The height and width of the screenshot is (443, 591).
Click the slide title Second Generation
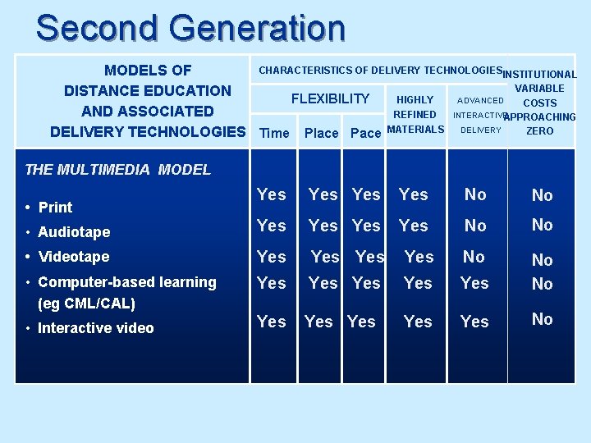tap(190, 28)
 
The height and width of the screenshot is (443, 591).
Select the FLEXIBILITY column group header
tap(330, 99)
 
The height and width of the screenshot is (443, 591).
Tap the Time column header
tap(274, 133)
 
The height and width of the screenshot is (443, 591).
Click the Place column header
tap(321, 133)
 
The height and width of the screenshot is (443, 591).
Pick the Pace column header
tap(365, 133)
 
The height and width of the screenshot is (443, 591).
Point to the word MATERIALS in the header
tap(415, 130)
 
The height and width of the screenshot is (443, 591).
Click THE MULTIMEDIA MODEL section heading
tap(117, 170)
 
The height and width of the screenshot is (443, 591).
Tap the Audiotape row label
tap(73, 232)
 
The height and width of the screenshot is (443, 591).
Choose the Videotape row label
tap(73, 257)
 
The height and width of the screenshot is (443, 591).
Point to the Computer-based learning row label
tap(126, 282)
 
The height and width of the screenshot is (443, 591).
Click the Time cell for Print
tap(272, 194)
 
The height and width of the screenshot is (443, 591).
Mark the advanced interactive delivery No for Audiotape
tap(475, 226)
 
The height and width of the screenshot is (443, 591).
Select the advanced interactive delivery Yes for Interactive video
tap(474, 322)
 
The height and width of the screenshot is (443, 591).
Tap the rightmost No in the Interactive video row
tap(542, 319)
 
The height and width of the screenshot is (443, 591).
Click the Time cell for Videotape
tap(272, 257)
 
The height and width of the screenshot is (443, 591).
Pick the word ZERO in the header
tap(539, 131)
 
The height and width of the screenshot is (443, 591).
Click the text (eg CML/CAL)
tap(87, 304)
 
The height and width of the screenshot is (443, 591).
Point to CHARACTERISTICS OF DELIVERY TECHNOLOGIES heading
tap(380, 71)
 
